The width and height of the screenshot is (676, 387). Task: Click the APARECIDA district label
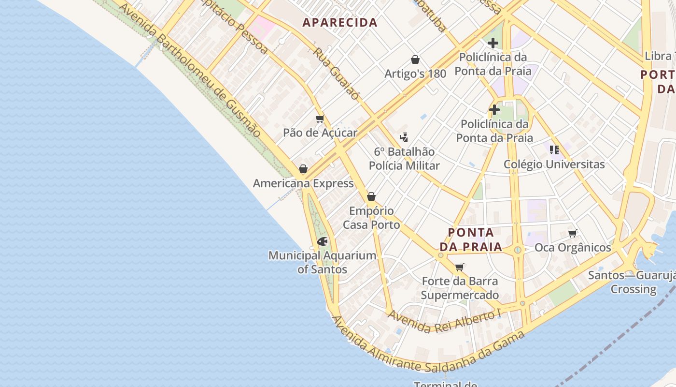click(x=339, y=22)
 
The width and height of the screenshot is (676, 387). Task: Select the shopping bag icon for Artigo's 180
click(x=415, y=60)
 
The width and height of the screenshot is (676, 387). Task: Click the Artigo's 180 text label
click(x=415, y=74)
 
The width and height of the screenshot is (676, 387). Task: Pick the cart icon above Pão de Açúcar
click(x=320, y=119)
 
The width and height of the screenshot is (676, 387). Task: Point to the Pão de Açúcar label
click(x=320, y=133)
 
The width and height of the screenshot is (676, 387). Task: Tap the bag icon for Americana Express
click(x=303, y=169)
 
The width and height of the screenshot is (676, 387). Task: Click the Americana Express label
click(x=303, y=183)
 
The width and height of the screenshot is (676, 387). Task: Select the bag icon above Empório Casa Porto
click(x=371, y=196)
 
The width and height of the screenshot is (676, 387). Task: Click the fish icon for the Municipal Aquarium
click(x=322, y=241)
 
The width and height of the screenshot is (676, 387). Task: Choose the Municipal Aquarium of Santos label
click(x=322, y=262)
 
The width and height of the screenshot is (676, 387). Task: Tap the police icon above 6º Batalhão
click(x=404, y=137)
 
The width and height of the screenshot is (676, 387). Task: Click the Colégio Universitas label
click(x=554, y=164)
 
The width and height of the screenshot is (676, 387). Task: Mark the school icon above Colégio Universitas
click(x=554, y=150)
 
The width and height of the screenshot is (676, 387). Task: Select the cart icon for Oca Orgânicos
click(x=573, y=233)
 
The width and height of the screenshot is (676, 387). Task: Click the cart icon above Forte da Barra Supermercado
click(x=460, y=267)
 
